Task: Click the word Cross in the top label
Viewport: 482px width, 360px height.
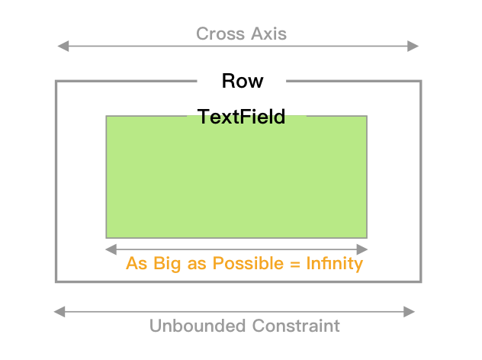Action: pos(218,34)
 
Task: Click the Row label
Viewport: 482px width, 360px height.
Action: pos(242,81)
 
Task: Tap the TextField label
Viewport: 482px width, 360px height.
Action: pos(241,117)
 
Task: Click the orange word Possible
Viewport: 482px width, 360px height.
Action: pos(243,264)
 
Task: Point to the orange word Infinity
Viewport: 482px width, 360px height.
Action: pos(333,264)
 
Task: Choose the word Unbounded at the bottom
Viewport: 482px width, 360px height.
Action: pos(194,326)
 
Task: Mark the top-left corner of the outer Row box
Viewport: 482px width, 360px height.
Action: pos(56,81)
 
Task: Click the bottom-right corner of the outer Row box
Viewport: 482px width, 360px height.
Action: pos(420,281)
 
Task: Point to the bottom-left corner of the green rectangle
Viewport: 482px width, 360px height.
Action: pos(106,237)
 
